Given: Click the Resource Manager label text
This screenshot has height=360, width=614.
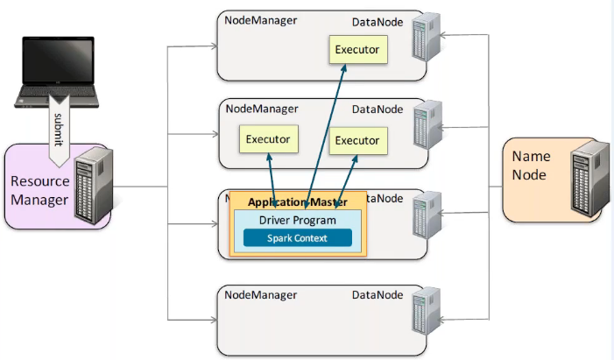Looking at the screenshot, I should [x=39, y=191].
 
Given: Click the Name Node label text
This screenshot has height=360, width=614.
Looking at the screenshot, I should [x=531, y=166].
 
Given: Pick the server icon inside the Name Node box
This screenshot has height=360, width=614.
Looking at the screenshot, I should [x=589, y=180].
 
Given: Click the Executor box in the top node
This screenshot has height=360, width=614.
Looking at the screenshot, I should [x=356, y=50].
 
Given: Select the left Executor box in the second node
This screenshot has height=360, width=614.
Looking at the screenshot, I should [x=267, y=139].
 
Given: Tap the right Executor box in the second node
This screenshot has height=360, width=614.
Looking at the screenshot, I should [x=356, y=140].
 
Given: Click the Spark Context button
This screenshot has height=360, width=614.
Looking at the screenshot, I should [x=297, y=238].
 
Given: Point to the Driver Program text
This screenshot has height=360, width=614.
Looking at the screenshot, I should [x=297, y=219].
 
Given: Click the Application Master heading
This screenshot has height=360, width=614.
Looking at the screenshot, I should [x=298, y=202].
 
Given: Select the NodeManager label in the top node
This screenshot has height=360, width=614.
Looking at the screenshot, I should [x=261, y=21].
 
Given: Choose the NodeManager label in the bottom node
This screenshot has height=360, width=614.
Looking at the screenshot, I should [x=261, y=296].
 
